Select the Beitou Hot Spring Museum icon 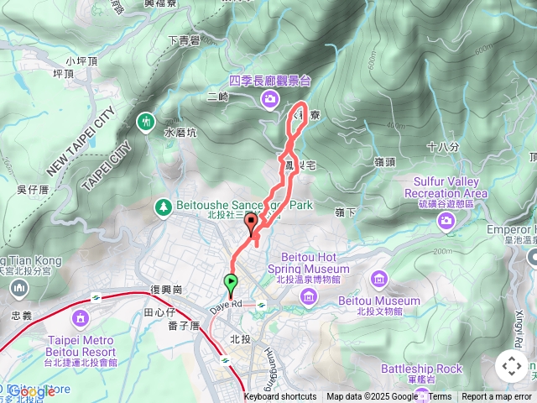pyautogui.click(x=309, y=296)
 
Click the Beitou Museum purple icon pyautogui.click(x=379, y=279)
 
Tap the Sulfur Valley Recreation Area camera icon pyautogui.click(x=446, y=221)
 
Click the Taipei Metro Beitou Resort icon pyautogui.click(x=81, y=318)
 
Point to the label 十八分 pyautogui.click(x=443, y=147)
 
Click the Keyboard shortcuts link pyautogui.click(x=280, y=397)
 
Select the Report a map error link pyautogui.click(x=497, y=397)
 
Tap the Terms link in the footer pyautogui.click(x=440, y=397)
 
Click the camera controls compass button pyautogui.click(x=512, y=366)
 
